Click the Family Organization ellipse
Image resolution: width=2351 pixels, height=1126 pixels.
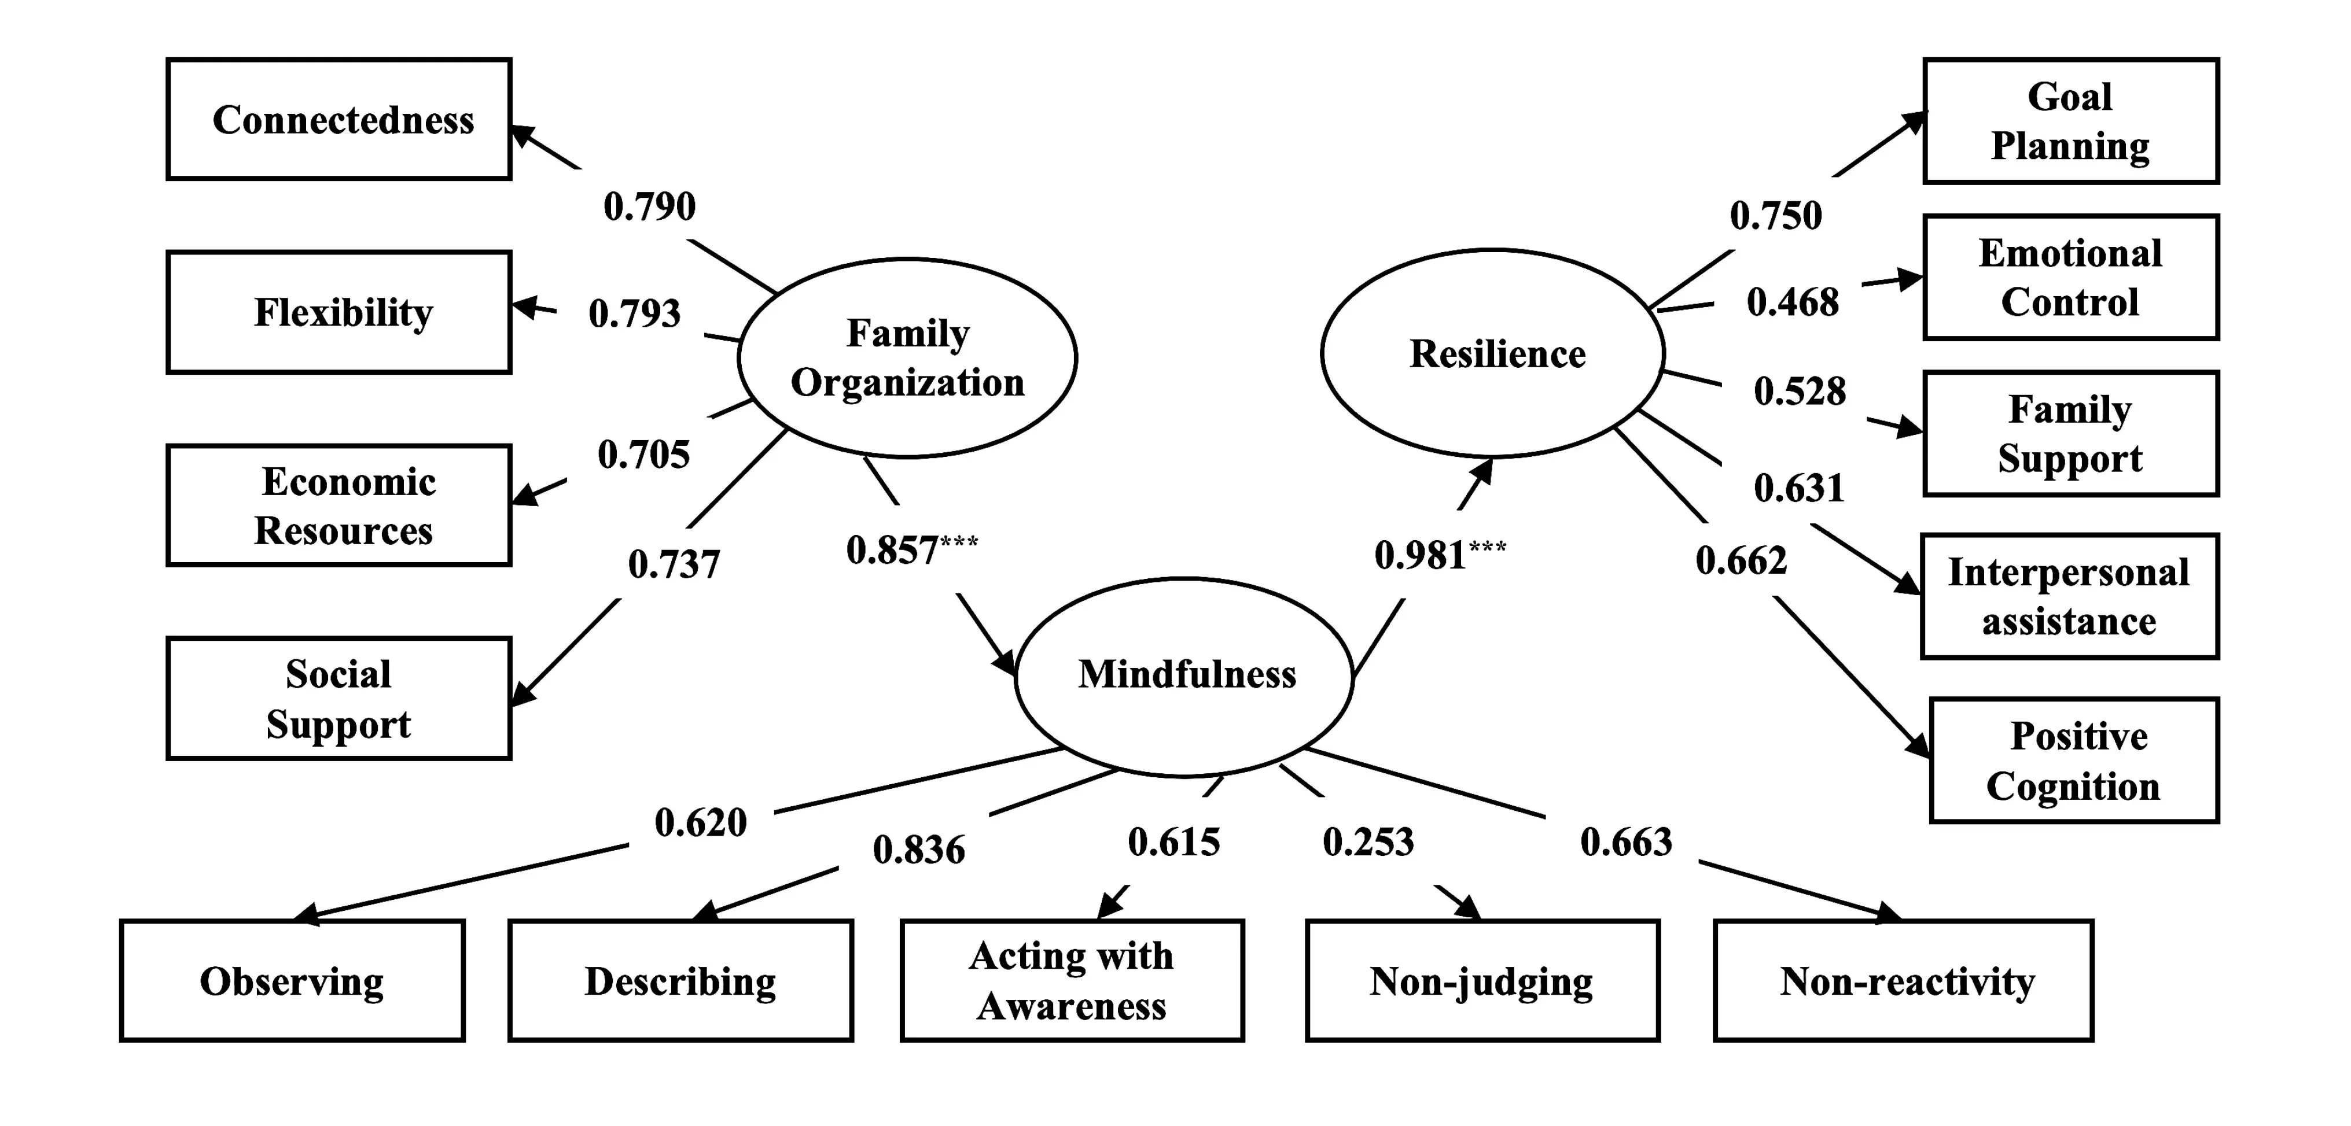tap(907, 357)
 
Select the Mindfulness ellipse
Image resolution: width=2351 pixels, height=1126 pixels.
tap(1184, 676)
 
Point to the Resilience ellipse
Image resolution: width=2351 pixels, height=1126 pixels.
tap(1493, 353)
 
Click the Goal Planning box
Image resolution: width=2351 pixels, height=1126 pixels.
tap(2071, 121)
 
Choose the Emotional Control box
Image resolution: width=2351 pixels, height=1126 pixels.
tap(2071, 278)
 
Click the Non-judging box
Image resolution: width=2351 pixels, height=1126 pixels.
tap(1482, 981)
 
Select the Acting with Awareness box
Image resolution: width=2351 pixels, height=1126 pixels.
tap(1072, 981)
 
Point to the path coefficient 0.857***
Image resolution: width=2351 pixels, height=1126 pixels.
tap(911, 549)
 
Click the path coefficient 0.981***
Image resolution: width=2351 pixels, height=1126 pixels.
tap(1439, 554)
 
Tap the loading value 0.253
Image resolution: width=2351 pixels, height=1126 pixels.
tap(1368, 841)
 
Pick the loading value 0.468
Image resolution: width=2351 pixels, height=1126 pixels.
tap(1793, 302)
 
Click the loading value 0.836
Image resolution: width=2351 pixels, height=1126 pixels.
tap(918, 850)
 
